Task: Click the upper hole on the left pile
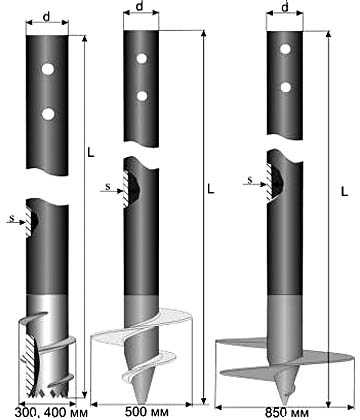[48, 69]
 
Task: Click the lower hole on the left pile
[48, 114]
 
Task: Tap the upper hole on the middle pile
[142, 58]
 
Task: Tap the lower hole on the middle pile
[142, 96]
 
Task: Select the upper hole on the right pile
[285, 49]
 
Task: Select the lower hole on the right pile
[286, 87]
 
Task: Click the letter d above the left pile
[46, 17]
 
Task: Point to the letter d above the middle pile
[140, 7]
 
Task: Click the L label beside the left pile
[91, 152]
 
